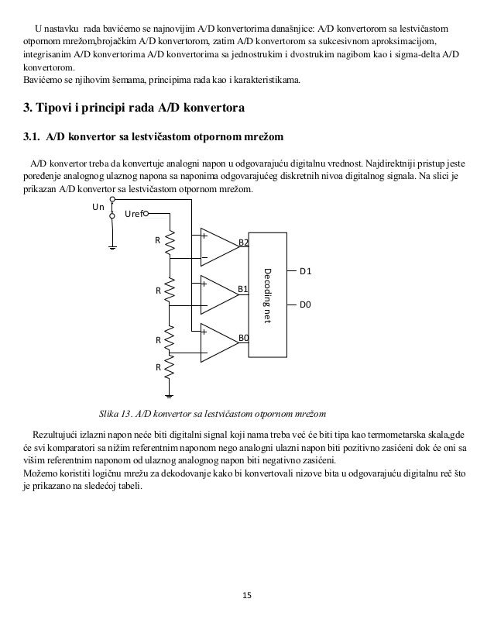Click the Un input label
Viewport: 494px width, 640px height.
point(98,207)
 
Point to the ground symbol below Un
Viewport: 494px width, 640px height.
point(113,246)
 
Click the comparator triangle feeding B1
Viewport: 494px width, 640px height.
point(218,292)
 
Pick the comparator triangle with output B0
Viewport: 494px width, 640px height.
point(218,339)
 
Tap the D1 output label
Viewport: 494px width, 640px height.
point(305,271)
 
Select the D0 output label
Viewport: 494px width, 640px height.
point(305,305)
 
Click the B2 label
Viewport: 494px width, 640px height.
point(243,243)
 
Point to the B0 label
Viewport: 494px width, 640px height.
point(243,338)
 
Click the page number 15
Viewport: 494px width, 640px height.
point(247,595)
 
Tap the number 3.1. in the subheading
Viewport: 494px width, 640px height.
point(32,137)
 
